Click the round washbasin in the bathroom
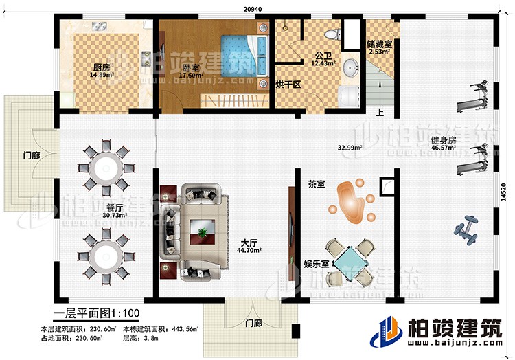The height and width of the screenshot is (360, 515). click(x=352, y=67)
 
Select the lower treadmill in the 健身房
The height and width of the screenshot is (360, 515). click(x=474, y=159)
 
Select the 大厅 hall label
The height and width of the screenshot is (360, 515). click(x=249, y=243)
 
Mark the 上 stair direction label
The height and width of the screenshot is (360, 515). click(x=378, y=114)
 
